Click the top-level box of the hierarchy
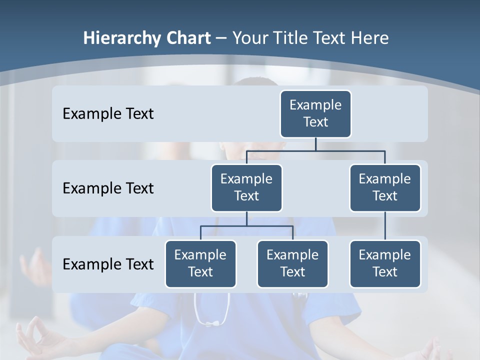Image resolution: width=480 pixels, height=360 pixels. (315, 113)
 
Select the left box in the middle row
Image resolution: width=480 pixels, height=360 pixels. (246, 187)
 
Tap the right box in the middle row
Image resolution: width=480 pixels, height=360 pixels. (385, 187)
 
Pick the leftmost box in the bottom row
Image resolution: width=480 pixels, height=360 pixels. (200, 263)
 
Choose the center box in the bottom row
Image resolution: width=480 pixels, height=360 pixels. (292, 263)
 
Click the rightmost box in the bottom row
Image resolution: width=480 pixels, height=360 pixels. (385, 263)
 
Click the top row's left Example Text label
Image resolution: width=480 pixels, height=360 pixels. (108, 113)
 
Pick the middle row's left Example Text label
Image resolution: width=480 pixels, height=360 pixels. (108, 188)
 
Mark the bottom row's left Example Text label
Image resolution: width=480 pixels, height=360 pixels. (108, 264)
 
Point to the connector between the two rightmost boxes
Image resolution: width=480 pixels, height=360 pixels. (385, 226)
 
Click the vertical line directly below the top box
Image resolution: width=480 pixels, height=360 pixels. (315, 144)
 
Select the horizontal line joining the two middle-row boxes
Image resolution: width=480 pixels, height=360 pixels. (315, 150)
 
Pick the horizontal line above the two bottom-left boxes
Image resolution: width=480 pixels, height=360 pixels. (246, 226)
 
